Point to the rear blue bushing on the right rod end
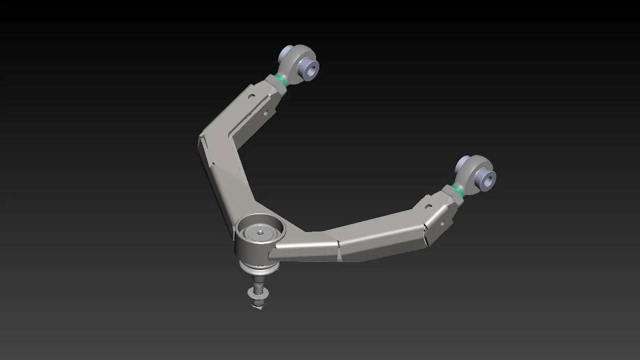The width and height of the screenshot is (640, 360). coord(463,160)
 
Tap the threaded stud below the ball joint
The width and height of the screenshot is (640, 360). coord(257,282)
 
